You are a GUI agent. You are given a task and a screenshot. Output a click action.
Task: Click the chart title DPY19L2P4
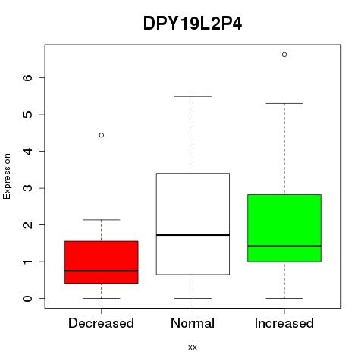[x=193, y=24]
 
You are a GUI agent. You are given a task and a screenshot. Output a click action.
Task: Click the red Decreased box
[x=102, y=262]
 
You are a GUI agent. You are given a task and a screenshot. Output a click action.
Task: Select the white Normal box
[x=193, y=224]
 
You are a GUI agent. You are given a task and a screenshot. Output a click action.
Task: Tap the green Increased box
[x=284, y=228]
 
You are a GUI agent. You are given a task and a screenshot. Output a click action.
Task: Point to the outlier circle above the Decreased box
[x=102, y=135]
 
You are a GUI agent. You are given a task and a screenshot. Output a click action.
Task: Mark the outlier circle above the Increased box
[x=284, y=55]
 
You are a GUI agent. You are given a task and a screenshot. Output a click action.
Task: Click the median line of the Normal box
[x=193, y=235]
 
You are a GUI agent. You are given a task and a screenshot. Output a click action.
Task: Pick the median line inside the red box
[x=102, y=271]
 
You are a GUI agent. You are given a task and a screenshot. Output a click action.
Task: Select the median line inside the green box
[x=284, y=246]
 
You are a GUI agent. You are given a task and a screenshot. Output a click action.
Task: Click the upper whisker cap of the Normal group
[x=193, y=96]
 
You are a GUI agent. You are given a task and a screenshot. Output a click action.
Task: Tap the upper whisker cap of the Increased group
[x=284, y=103]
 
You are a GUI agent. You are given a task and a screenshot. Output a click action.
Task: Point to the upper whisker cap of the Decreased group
[x=102, y=220]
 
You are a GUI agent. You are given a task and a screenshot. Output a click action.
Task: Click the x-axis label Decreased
[x=101, y=323]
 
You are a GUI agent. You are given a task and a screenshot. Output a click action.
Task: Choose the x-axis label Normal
[x=193, y=323]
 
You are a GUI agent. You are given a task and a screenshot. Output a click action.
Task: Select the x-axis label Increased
[x=284, y=323]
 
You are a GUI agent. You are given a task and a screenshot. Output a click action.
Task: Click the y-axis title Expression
[x=7, y=176]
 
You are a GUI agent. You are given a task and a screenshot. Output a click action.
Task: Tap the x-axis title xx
[x=193, y=347]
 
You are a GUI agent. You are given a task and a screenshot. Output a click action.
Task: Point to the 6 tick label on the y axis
[x=27, y=77]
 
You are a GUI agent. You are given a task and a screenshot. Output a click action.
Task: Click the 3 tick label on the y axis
[x=27, y=188]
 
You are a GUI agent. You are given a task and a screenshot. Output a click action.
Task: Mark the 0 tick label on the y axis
[x=27, y=298]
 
